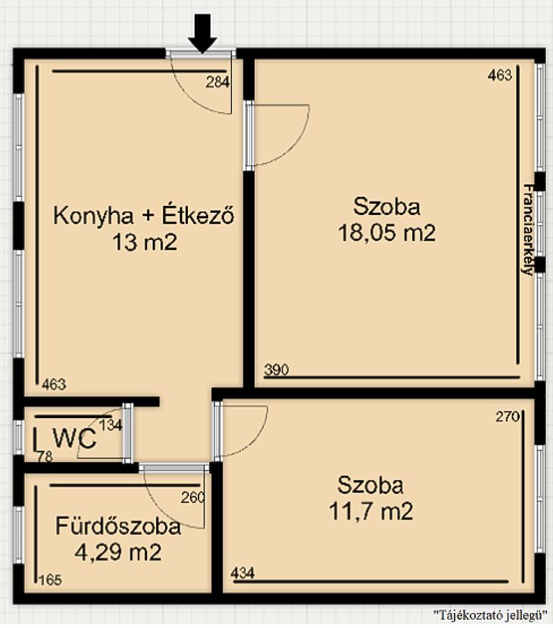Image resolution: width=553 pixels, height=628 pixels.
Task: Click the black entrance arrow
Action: (x=202, y=33)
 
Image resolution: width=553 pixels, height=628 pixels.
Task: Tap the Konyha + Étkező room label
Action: (x=144, y=215)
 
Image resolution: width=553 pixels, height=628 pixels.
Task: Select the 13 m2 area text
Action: (x=145, y=242)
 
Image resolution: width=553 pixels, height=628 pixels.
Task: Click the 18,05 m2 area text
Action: (x=387, y=233)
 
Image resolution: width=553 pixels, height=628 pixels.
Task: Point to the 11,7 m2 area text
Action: (x=370, y=511)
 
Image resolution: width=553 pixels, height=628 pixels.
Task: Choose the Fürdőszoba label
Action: (x=118, y=526)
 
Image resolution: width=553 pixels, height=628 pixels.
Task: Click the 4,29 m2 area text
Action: (x=118, y=552)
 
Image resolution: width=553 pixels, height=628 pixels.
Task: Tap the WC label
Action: (x=75, y=439)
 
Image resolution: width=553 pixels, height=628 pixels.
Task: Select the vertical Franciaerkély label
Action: (x=528, y=230)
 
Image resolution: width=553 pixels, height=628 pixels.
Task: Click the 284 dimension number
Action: (x=218, y=82)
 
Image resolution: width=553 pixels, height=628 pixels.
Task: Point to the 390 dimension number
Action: (x=276, y=369)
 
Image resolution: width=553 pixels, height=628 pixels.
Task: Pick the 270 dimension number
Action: (x=508, y=417)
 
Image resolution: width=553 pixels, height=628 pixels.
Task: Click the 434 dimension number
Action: (x=242, y=573)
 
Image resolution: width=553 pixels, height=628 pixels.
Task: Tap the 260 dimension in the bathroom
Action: (x=192, y=498)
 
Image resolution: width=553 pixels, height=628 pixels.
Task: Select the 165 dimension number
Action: (x=51, y=580)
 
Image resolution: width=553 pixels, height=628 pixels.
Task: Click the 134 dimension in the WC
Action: (x=111, y=425)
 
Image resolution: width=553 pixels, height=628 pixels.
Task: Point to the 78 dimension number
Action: (x=45, y=457)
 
